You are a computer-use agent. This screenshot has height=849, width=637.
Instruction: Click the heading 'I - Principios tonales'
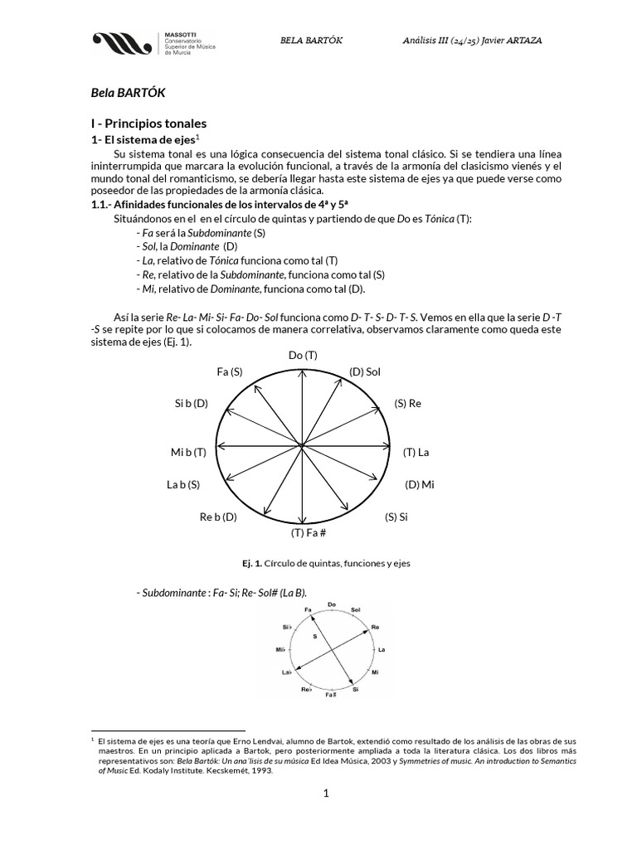148,123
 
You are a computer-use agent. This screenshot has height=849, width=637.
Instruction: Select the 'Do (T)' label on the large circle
303,355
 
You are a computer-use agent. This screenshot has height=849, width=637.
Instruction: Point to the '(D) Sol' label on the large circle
364,371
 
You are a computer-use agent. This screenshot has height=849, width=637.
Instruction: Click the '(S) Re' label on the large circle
408,403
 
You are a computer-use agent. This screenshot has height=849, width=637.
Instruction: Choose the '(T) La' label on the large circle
416,452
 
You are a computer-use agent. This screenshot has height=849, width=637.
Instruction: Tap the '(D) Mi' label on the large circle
419,484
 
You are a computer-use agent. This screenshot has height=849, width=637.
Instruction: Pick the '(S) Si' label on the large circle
396,517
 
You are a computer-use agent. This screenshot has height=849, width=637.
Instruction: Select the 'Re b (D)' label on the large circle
218,517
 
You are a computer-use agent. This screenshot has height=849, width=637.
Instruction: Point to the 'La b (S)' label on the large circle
183,484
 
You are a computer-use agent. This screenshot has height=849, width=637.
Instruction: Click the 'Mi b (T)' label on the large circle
187,452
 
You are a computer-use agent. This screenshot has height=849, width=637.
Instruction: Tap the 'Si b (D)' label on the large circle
192,403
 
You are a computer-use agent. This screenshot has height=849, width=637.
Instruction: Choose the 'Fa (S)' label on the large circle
229,371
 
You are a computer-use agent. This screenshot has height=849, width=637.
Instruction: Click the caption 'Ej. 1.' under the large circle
251,563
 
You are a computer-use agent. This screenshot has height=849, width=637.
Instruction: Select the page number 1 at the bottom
327,793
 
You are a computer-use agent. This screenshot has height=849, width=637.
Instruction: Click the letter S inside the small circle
315,636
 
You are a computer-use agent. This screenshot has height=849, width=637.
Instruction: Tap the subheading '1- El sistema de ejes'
142,140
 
